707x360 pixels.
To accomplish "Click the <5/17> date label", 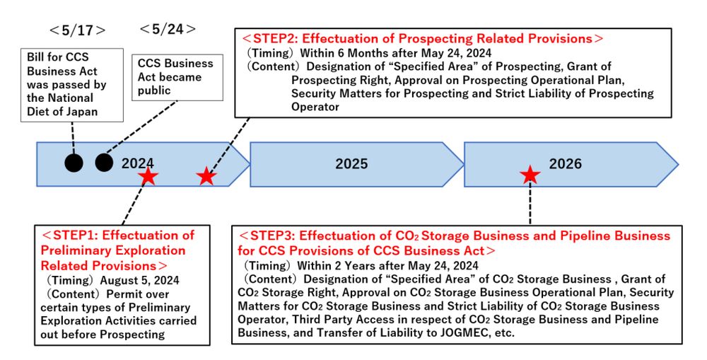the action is [77, 30].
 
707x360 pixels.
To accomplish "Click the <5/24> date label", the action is [168, 29].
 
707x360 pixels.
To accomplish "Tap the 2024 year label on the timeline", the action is [138, 163].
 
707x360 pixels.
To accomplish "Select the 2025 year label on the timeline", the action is [351, 164].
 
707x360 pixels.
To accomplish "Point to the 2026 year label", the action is [566, 164].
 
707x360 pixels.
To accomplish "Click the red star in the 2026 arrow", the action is [530, 175].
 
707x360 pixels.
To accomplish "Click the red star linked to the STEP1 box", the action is [148, 176].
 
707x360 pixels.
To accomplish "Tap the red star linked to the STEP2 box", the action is [206, 176].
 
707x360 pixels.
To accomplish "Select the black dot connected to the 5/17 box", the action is [74, 163].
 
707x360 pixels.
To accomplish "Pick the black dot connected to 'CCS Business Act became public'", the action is [104, 163].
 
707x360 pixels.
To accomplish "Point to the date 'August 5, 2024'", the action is [140, 280].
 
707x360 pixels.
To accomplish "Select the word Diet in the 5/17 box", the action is [37, 112].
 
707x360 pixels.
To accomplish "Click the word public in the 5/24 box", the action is [154, 91].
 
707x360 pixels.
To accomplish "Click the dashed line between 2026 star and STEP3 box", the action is [530, 204].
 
